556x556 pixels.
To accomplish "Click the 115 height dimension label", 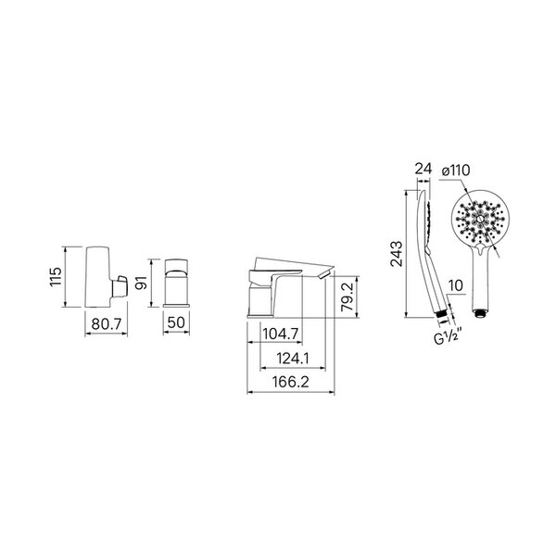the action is [56, 277].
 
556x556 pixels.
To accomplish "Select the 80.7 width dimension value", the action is [107, 323].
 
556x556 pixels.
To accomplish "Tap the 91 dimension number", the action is [142, 283].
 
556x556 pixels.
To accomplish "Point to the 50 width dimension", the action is [176, 322].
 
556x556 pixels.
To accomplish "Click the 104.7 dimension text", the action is [281, 334].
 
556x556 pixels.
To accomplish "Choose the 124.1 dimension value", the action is [293, 359].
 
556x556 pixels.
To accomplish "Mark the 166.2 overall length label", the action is [291, 382].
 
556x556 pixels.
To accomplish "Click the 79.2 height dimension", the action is [347, 297].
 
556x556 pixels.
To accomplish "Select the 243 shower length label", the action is [397, 254].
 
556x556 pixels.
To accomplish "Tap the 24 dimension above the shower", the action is [423, 169].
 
